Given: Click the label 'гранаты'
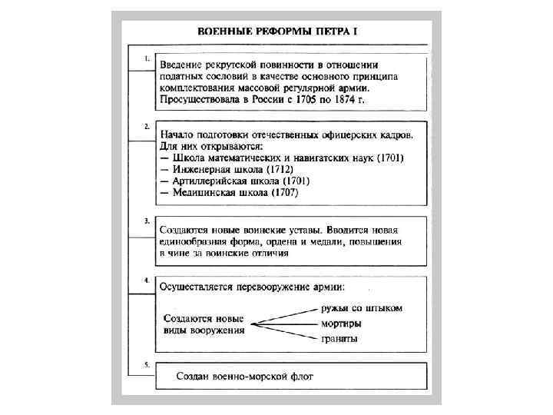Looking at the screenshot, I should pyautogui.click(x=339, y=339).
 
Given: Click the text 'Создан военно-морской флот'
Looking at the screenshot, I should pyautogui.click(x=245, y=377).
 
